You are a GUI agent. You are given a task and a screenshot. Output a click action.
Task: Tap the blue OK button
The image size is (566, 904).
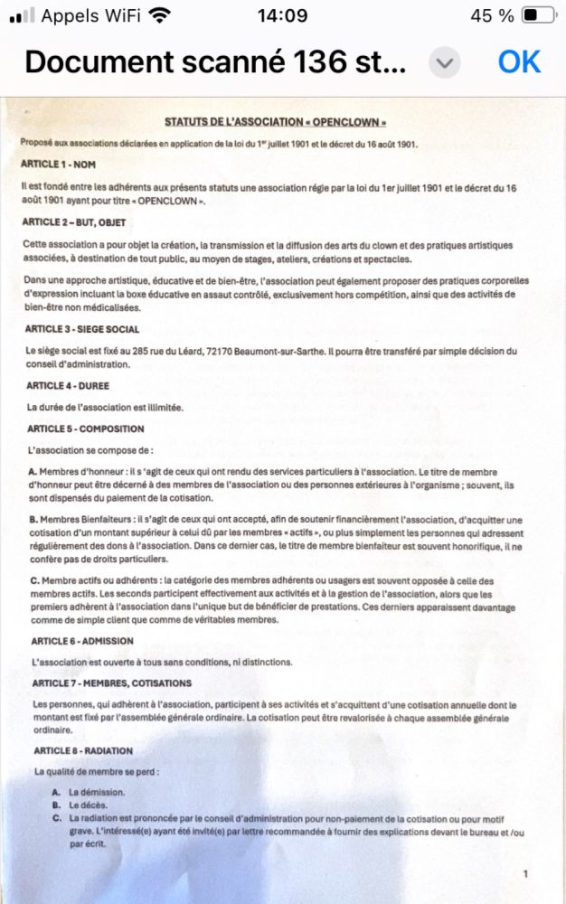click(519, 61)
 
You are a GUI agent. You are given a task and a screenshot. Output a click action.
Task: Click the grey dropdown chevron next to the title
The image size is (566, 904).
click(444, 62)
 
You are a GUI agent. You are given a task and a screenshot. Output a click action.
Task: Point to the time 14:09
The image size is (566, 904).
click(282, 15)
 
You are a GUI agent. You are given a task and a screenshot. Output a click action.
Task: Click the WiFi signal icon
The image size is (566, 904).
click(159, 15)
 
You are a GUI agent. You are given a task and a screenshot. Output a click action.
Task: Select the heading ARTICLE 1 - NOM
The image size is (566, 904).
click(58, 164)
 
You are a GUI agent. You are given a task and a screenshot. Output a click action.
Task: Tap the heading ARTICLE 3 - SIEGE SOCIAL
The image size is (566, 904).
click(82, 329)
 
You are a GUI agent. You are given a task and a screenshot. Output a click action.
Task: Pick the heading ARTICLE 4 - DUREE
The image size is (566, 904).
click(68, 386)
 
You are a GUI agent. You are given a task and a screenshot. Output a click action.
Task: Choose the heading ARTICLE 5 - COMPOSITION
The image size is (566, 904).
click(86, 428)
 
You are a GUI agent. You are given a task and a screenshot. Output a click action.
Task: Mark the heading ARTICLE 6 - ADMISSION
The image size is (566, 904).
click(82, 641)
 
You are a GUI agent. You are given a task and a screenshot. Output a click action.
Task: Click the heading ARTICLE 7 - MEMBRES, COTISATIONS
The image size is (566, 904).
click(111, 683)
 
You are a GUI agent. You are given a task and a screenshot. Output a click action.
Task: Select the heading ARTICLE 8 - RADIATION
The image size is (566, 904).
click(83, 750)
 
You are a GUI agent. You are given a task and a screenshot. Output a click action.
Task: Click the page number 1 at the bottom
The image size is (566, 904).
click(526, 873)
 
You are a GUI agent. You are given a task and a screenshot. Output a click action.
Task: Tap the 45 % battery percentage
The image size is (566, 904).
click(492, 15)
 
